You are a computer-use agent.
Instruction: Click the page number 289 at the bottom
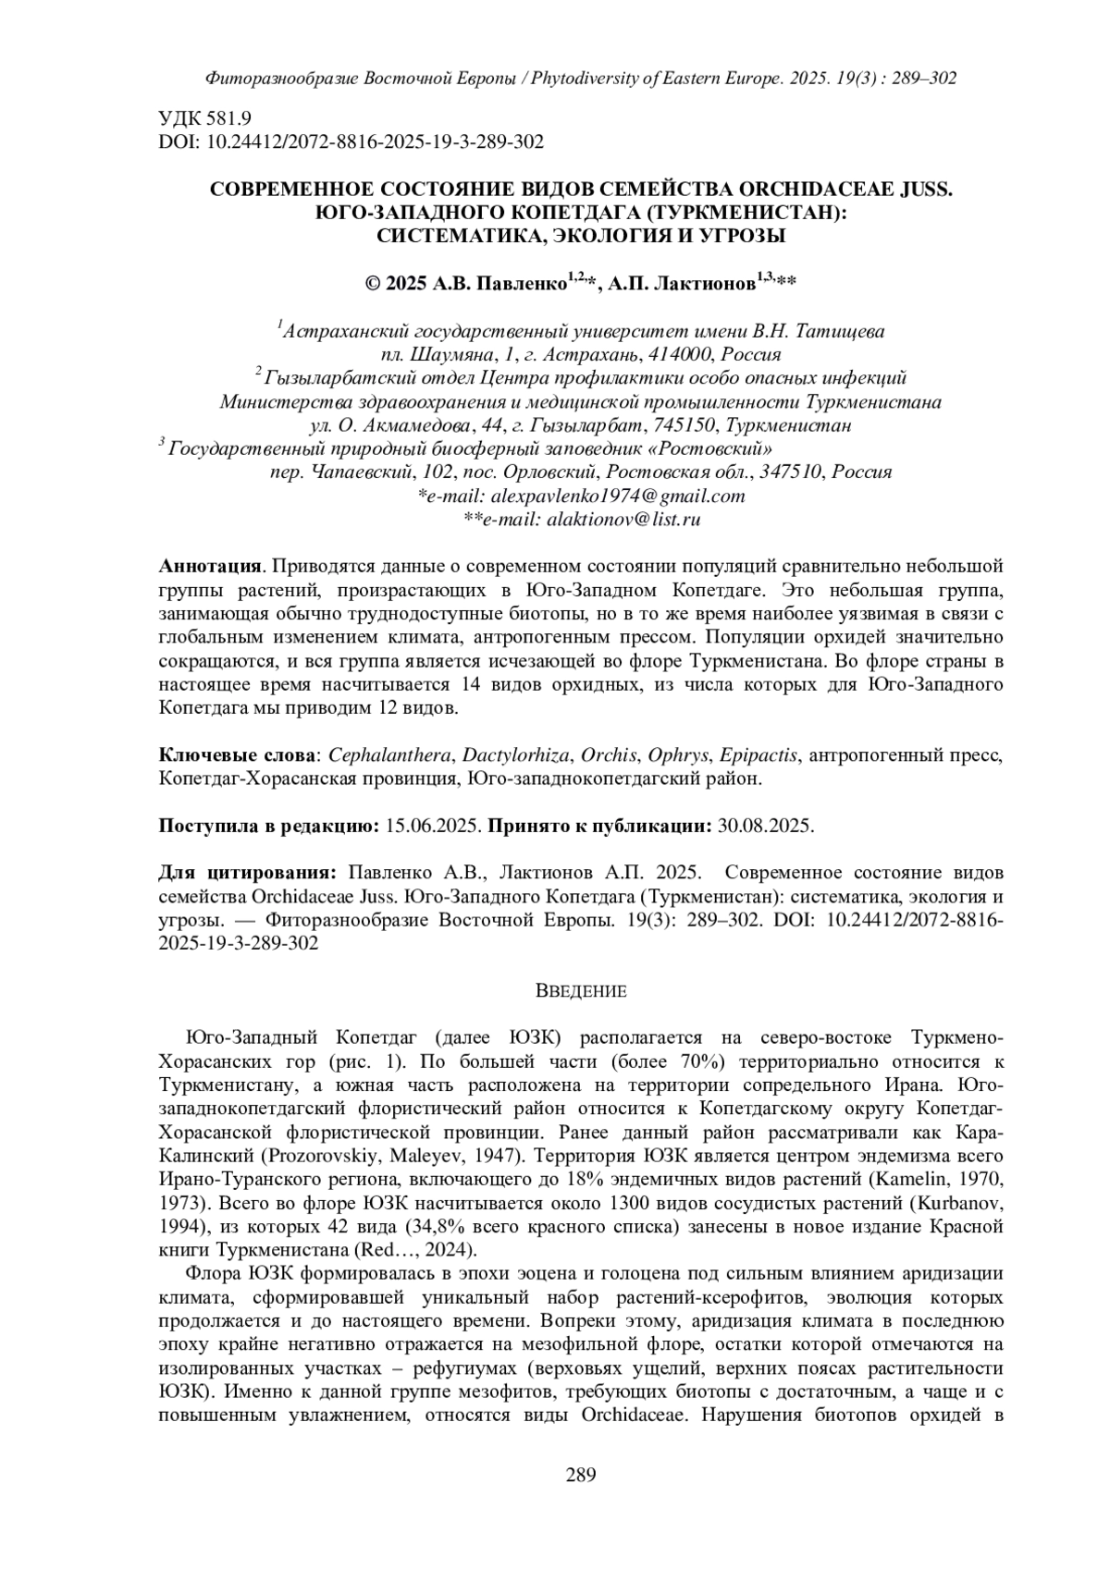click(x=581, y=1474)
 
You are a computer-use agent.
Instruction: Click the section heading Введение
click(x=581, y=991)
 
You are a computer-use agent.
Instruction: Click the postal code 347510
click(x=792, y=472)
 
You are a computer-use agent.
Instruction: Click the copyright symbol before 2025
click(x=374, y=285)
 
